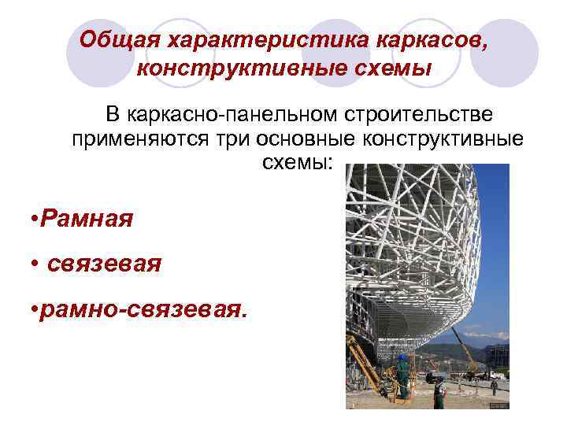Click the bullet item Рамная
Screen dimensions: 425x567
[x=83, y=218]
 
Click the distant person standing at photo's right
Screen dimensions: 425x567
[x=494, y=386]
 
